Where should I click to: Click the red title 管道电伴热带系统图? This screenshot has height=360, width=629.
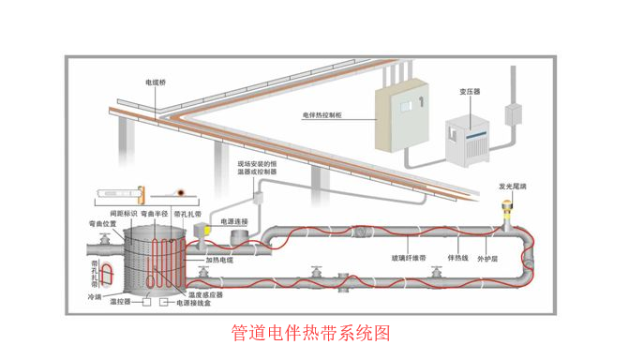(309, 333)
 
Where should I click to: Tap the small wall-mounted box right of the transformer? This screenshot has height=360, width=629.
(513, 114)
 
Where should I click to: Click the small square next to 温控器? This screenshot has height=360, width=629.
(145, 304)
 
